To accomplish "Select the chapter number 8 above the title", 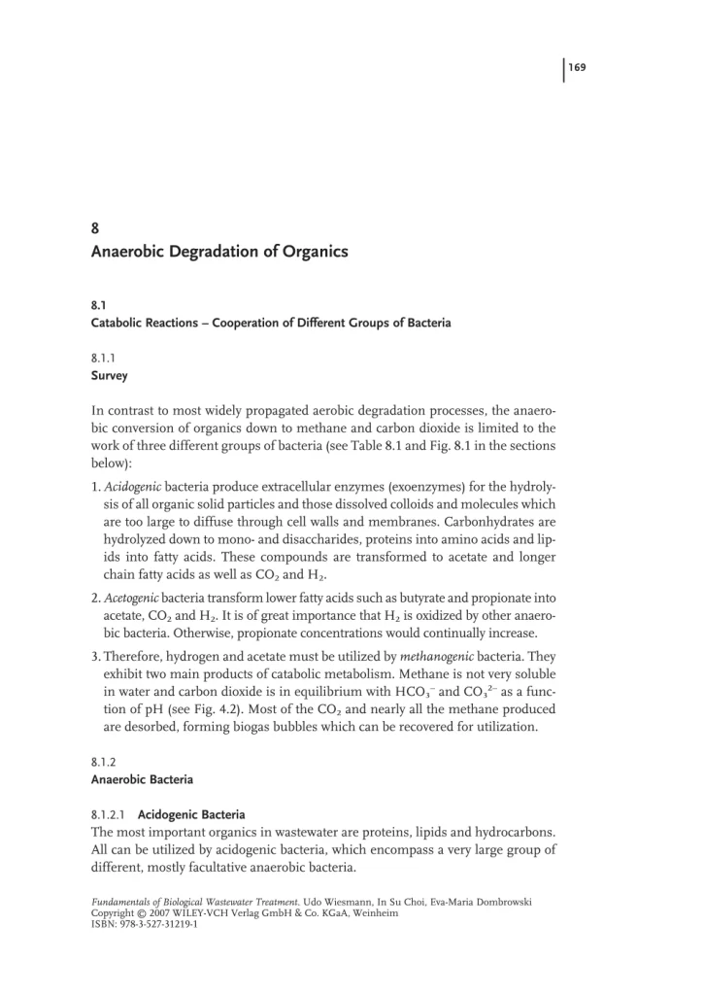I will click(x=95, y=230).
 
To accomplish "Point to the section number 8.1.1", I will click(x=103, y=358).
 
